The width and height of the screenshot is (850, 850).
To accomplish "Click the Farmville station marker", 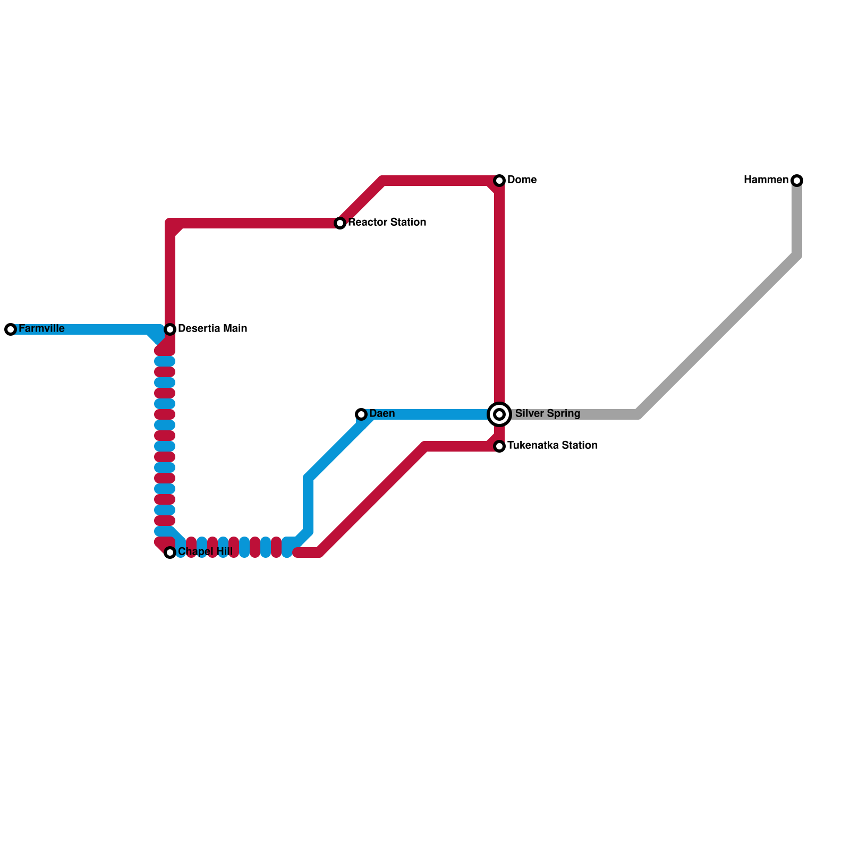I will (11, 329).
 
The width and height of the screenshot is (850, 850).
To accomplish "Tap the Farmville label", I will (41, 329).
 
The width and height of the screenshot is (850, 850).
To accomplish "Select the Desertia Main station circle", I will (170, 329).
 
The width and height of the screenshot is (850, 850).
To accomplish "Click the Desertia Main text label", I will (212, 329).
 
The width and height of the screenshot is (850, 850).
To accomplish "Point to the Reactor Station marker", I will (340, 223).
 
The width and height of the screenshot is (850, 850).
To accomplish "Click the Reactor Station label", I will (387, 223).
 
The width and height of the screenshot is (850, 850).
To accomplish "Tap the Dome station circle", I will (499, 181).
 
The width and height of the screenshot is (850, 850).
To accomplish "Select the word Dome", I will (522, 180).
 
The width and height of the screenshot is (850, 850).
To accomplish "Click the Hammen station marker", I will (797, 181).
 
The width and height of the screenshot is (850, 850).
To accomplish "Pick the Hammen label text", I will (766, 180).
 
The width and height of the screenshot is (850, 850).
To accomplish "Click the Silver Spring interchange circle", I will (499, 414).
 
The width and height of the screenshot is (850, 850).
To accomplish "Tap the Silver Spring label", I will (548, 414).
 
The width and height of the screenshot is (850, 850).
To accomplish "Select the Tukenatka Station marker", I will (499, 446).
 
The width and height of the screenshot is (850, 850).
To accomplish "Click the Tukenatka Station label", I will (552, 446).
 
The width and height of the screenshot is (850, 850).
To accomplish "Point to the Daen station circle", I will (361, 414).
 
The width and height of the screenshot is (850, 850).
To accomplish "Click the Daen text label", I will (382, 414).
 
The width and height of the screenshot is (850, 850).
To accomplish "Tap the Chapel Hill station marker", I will (170, 552).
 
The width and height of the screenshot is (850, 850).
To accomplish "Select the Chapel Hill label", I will (205, 552).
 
